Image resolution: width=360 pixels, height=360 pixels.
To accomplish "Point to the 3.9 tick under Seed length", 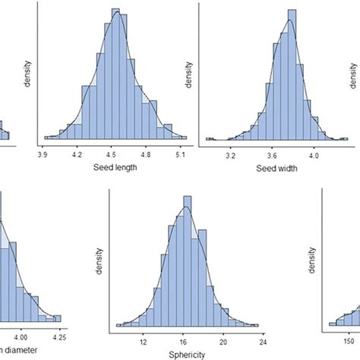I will [x=44, y=153].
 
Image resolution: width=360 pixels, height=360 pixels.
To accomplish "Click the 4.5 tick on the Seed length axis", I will [x=112, y=153].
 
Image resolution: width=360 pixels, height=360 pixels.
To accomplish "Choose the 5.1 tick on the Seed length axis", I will [x=182, y=153].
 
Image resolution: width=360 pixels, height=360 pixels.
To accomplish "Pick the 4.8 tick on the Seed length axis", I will [x=147, y=153].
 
